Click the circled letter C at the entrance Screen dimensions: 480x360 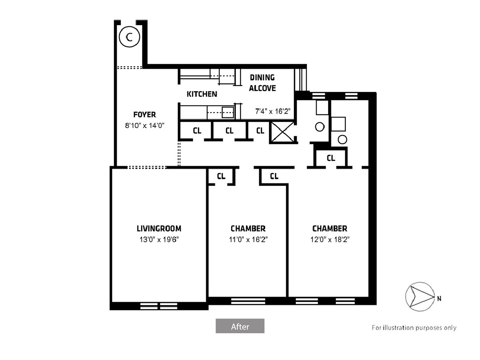click(x=129, y=37)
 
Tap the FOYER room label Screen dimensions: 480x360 click(x=145, y=114)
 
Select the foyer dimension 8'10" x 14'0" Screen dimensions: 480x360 click(x=145, y=125)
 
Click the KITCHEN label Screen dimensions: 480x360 click(x=201, y=94)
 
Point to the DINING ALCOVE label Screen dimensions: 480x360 click(x=263, y=83)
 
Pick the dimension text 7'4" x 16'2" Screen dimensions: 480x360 click(x=273, y=111)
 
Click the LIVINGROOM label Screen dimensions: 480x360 click(x=159, y=229)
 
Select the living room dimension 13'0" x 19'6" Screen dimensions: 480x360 click(x=159, y=240)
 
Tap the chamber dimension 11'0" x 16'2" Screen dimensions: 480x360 click(x=248, y=240)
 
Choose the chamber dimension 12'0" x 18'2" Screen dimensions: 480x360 click(x=330, y=240)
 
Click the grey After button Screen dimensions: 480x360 click(x=240, y=326)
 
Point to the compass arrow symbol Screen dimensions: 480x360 click(x=420, y=296)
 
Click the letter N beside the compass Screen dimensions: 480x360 click(x=439, y=298)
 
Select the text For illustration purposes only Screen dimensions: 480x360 click(x=414, y=328)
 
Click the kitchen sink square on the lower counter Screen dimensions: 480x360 click(x=228, y=112)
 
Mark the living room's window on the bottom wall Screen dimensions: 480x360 click(x=159, y=306)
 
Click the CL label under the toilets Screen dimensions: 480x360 click(x=331, y=158)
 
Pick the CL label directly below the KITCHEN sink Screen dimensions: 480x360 click(x=229, y=131)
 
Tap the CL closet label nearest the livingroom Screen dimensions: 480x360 click(x=221, y=176)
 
